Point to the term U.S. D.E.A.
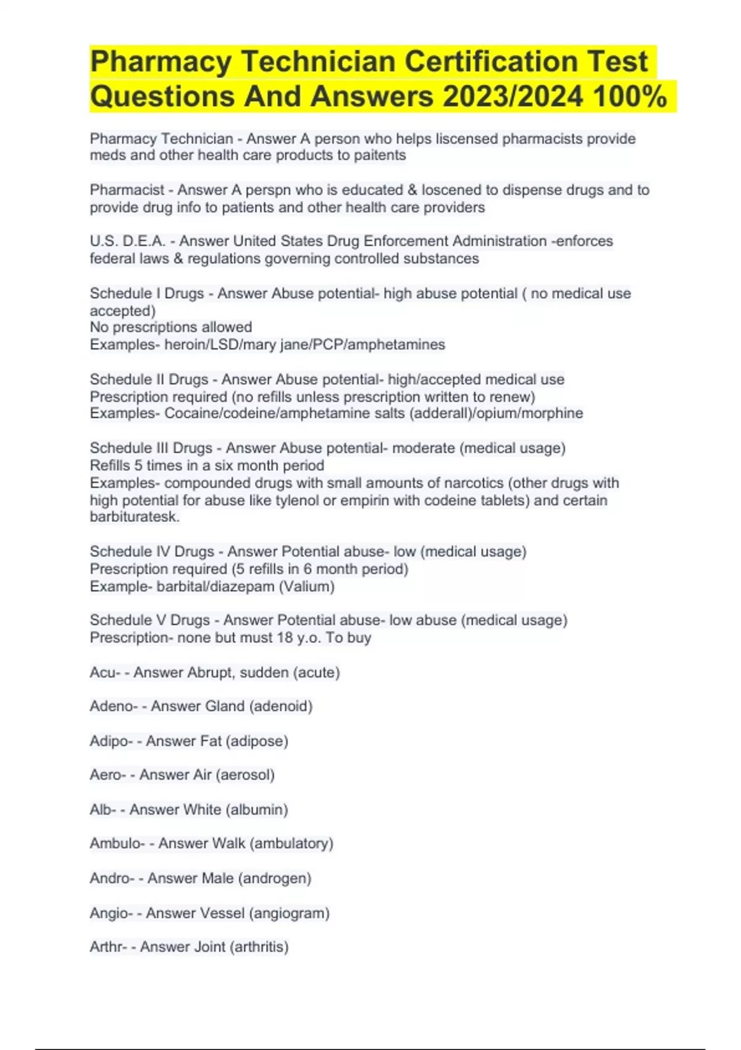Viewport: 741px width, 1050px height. pyautogui.click(x=127, y=241)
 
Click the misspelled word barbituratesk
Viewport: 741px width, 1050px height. pyautogui.click(x=135, y=517)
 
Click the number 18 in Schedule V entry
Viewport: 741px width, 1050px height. pyautogui.click(x=285, y=637)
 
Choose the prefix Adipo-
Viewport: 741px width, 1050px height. pyautogui.click(x=111, y=741)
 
